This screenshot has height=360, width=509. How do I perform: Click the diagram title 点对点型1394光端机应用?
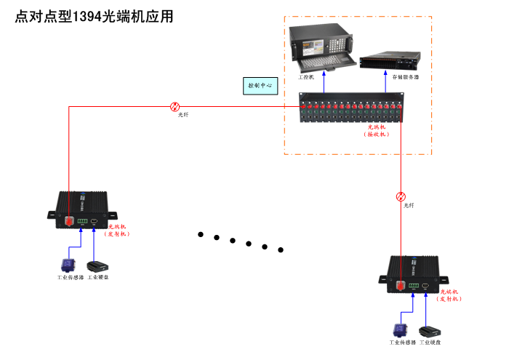(x=95, y=17)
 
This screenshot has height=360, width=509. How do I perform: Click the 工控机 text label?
(x=305, y=76)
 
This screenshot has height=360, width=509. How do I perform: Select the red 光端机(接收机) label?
(x=376, y=130)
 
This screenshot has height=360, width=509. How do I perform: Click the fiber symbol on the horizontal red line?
(x=175, y=106)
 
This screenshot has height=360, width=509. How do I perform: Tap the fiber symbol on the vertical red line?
(x=401, y=196)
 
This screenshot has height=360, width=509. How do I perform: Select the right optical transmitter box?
(x=412, y=273)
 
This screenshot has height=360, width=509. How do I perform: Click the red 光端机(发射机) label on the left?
(x=116, y=231)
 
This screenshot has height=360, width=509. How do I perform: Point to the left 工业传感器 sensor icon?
(x=67, y=265)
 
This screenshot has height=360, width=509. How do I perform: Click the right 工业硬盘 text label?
(x=430, y=342)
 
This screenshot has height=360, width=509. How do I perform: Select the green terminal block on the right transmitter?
(x=414, y=286)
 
